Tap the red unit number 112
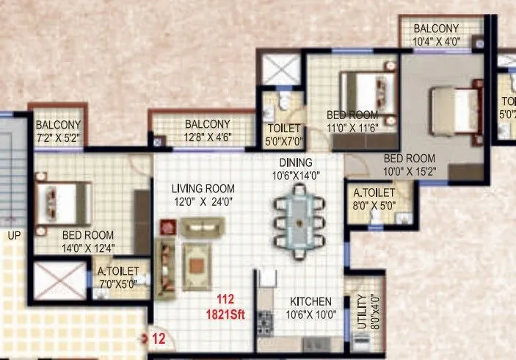[x=225, y=299]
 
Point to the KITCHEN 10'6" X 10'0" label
[x=310, y=308]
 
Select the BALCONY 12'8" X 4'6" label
[x=208, y=129]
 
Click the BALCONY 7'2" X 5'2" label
[x=58, y=131]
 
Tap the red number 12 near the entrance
[x=158, y=339]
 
